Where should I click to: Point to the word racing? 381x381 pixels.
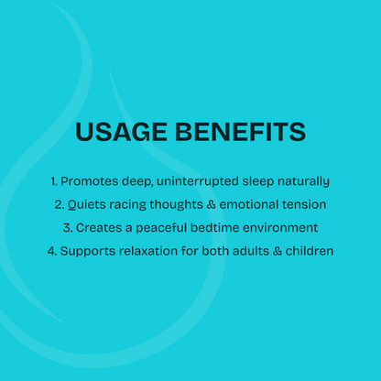pos(134,204)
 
